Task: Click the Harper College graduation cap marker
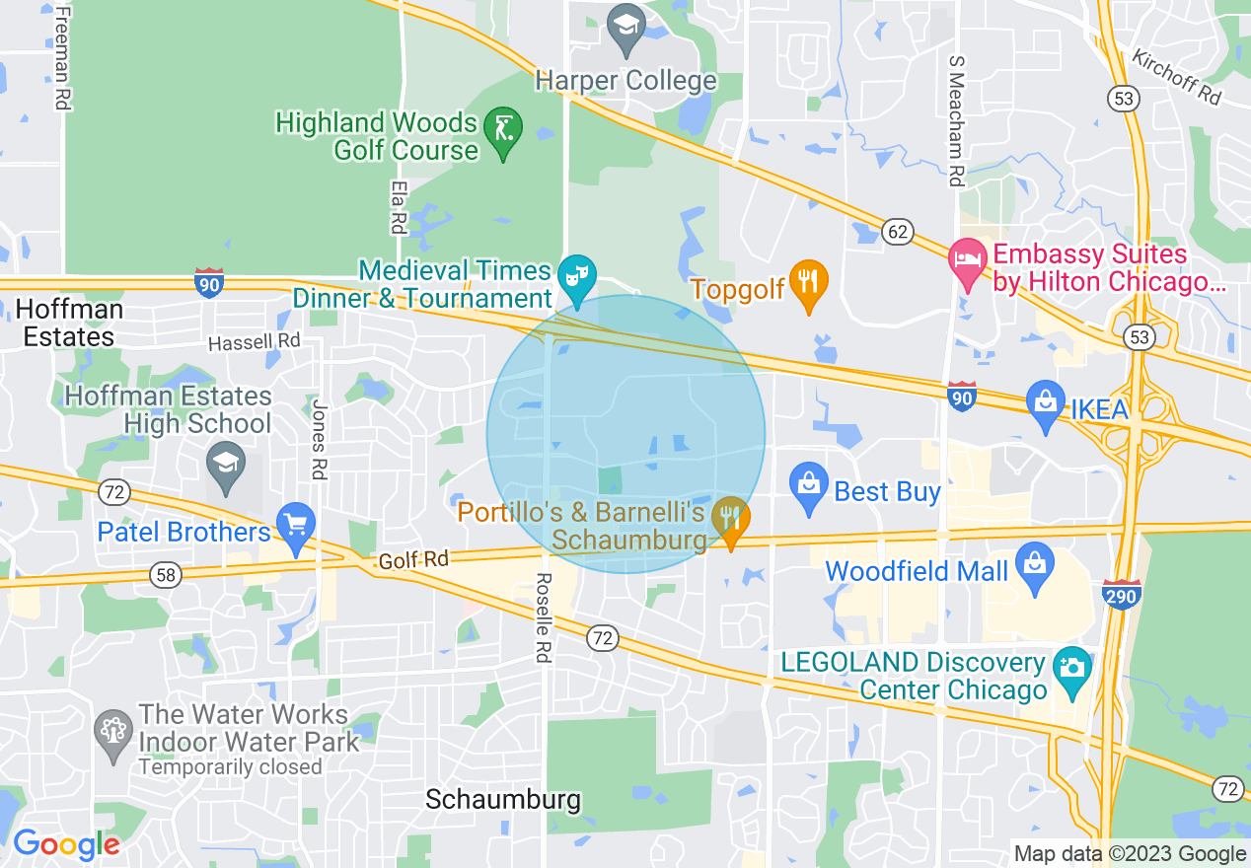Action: coord(625,29)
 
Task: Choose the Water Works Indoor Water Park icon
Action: coord(113,732)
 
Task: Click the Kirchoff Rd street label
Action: coord(1177,76)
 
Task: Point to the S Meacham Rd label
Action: coord(954,120)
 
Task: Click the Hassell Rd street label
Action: coord(254,342)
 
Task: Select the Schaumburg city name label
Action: coord(502,799)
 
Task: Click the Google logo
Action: coord(66,844)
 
